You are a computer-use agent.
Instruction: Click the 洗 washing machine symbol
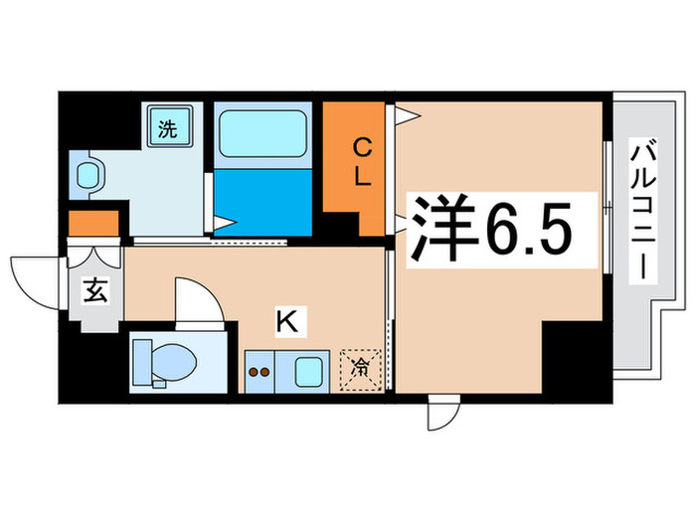pyautogui.click(x=169, y=127)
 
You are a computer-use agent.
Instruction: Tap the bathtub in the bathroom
pyautogui.click(x=261, y=133)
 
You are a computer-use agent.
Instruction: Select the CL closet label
pyautogui.click(x=361, y=165)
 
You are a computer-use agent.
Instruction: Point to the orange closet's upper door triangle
pyautogui.click(x=407, y=114)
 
